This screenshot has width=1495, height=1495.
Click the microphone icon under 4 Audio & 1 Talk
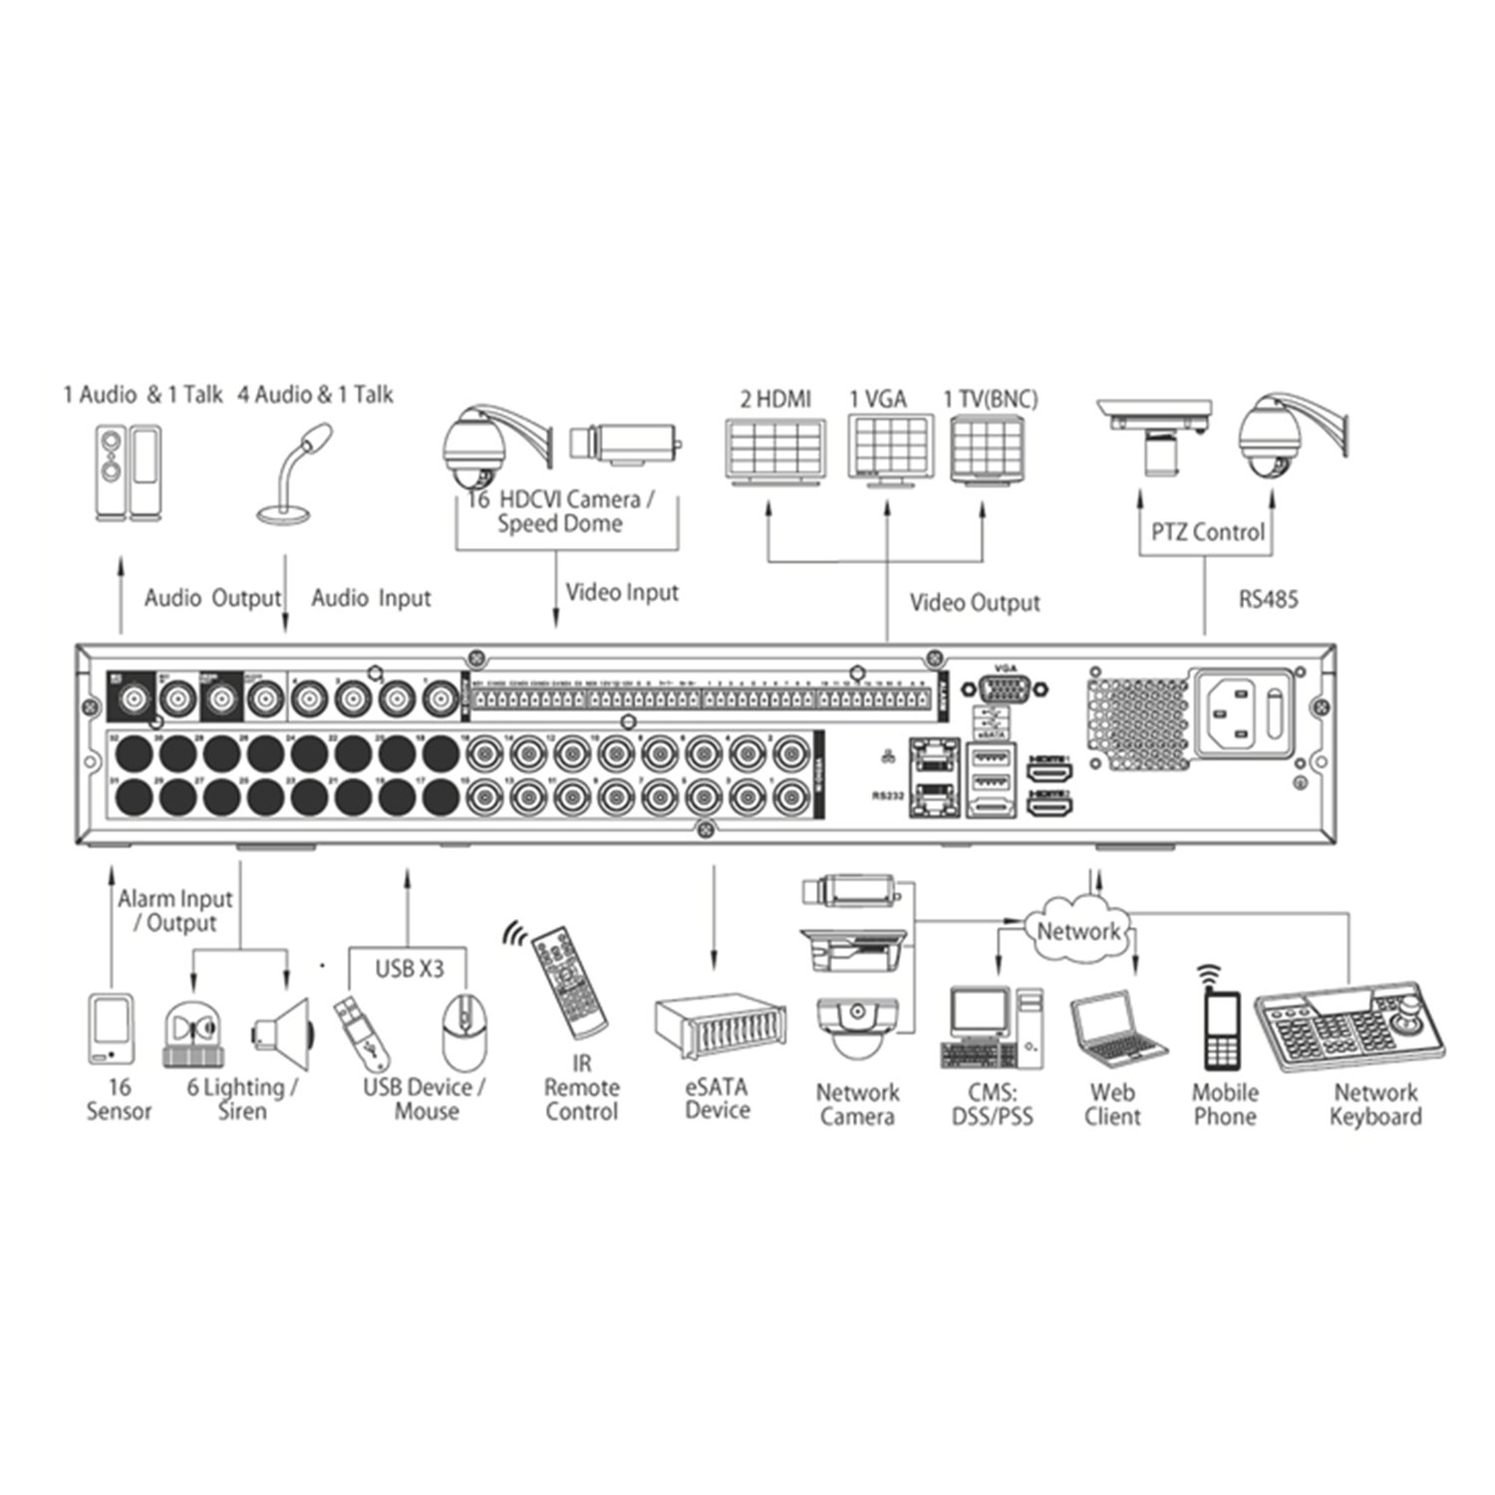coord(291,473)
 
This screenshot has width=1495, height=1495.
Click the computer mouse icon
coord(464,1032)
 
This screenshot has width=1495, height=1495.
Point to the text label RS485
coord(1268,600)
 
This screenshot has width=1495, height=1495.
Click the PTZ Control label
coord(1207,532)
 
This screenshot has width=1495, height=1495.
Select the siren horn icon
coord(282,1032)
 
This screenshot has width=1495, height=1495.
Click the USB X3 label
coord(409,967)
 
